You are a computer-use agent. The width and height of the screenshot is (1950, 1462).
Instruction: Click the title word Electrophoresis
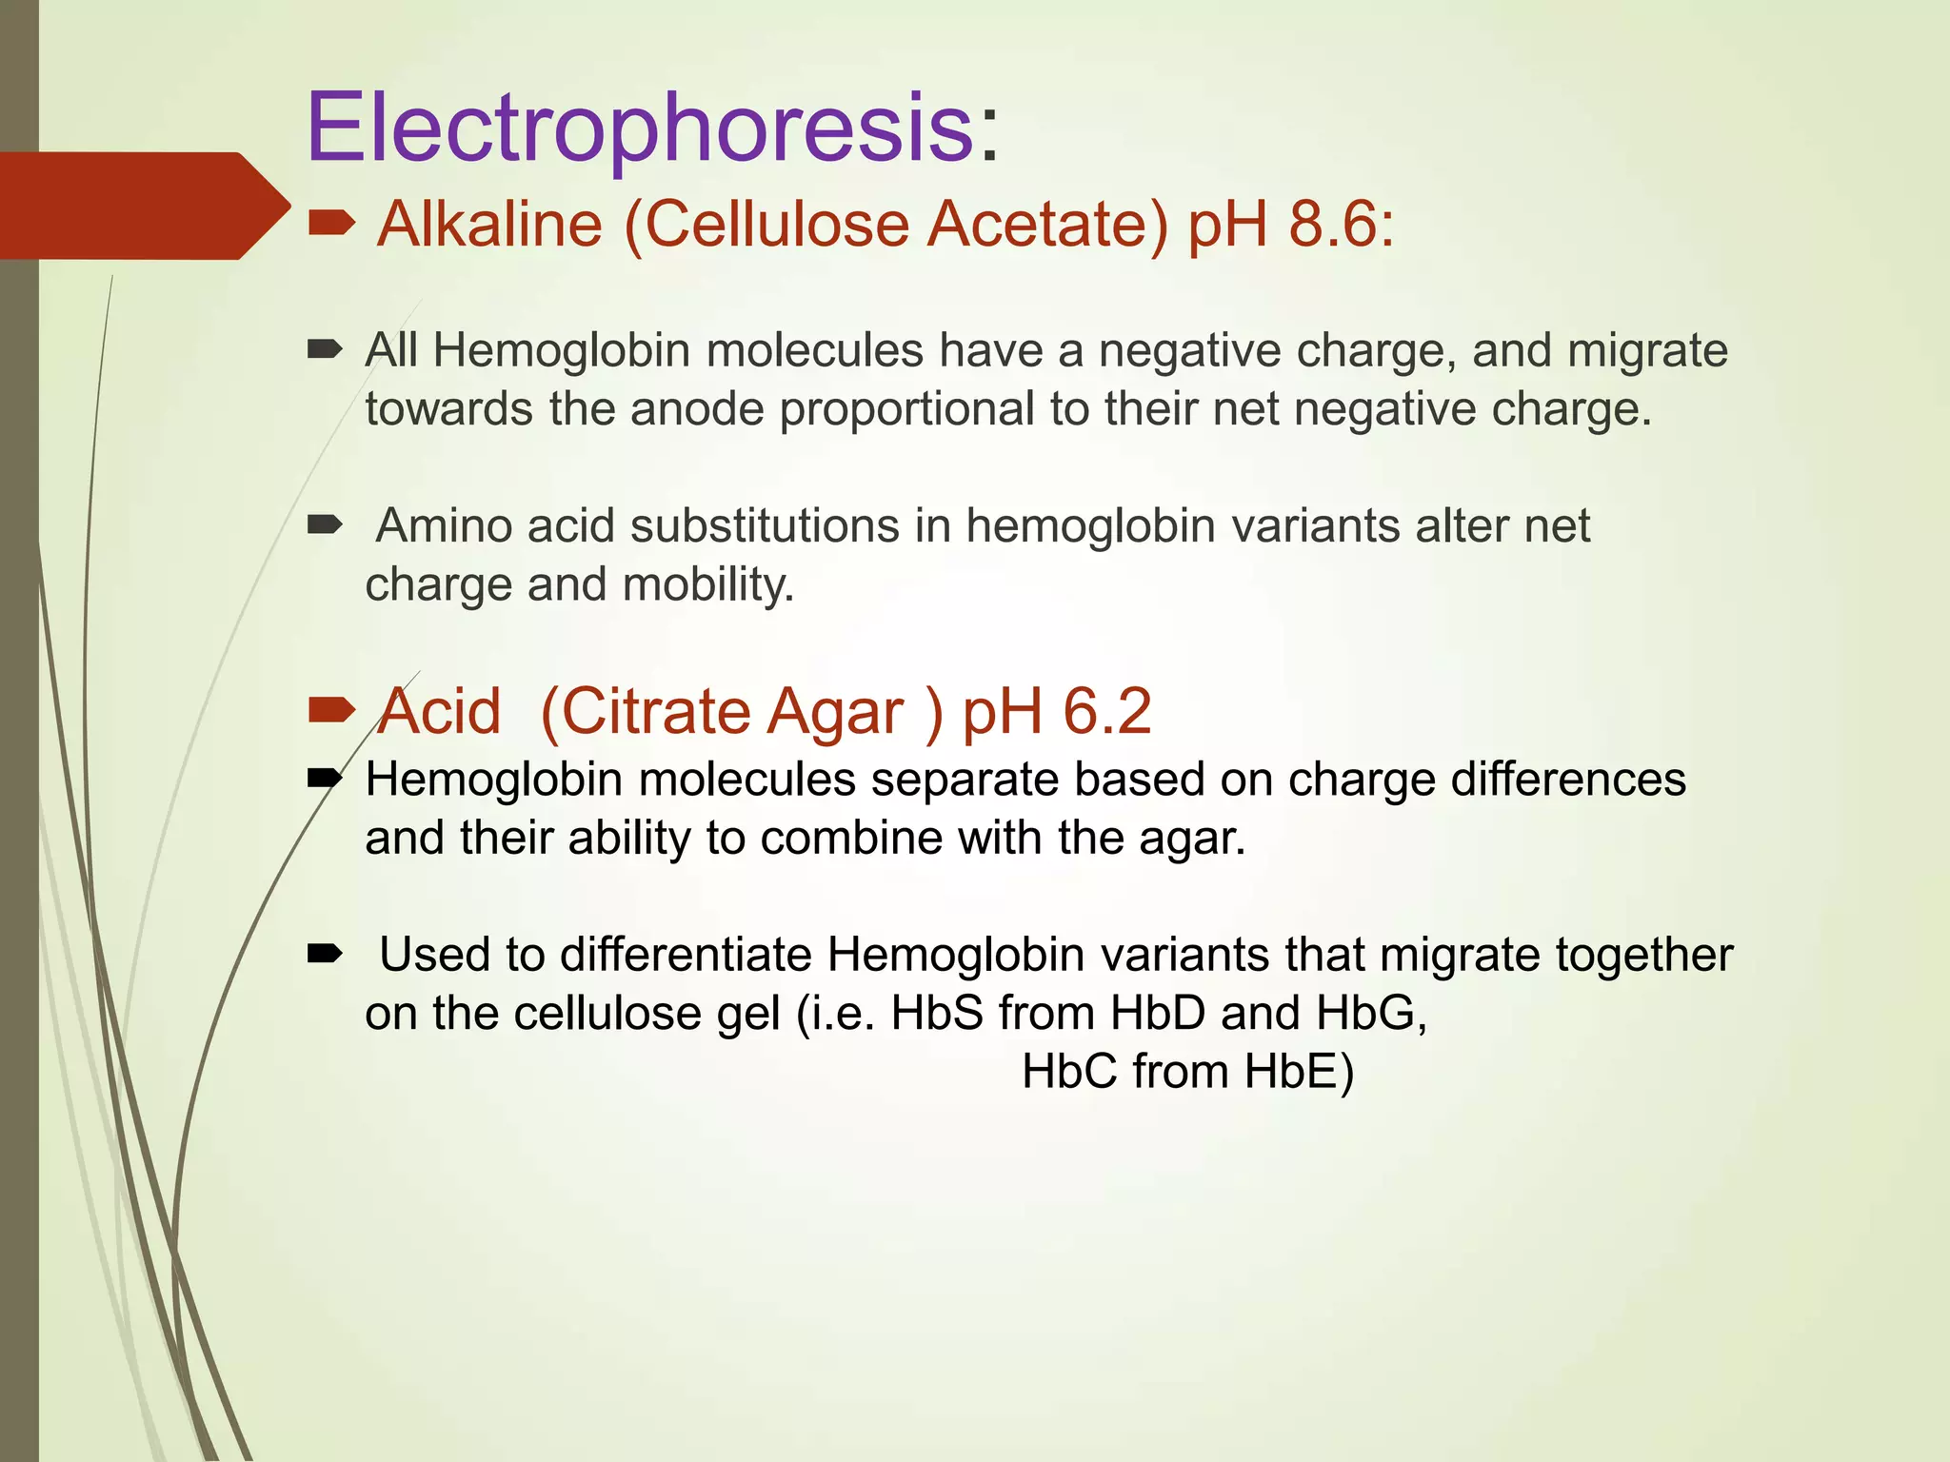point(640,128)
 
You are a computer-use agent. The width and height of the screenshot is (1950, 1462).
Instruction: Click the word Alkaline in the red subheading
point(489,226)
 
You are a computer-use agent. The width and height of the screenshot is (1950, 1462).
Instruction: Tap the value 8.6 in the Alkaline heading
point(1331,226)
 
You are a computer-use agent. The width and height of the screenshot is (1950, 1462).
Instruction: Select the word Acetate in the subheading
point(1046,226)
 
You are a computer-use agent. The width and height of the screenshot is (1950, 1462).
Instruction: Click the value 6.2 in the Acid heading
point(1106,712)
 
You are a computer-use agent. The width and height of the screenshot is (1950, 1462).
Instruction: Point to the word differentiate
point(685,955)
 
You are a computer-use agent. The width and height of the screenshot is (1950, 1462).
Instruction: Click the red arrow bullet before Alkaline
point(331,225)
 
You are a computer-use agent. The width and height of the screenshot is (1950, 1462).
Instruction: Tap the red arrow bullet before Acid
point(331,710)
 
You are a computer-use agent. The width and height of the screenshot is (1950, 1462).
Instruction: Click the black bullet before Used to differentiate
point(325,954)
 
